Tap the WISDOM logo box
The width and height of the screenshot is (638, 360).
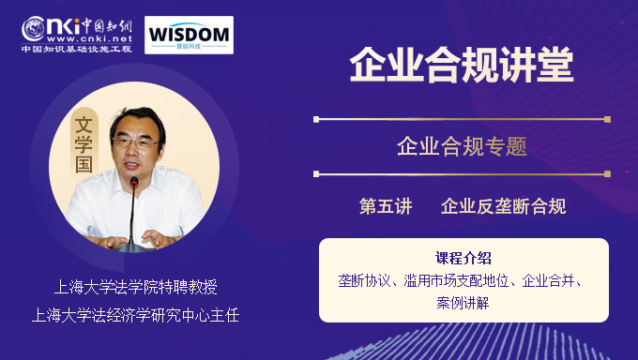[x=189, y=34]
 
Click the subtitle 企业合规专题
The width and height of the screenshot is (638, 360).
[x=462, y=146]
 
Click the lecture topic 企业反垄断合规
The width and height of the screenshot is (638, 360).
[x=503, y=206]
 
